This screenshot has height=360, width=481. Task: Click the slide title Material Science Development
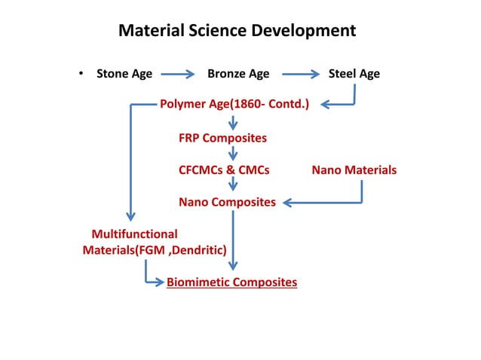(237, 31)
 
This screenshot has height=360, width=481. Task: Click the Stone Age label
(124, 74)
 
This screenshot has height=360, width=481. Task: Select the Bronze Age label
(238, 74)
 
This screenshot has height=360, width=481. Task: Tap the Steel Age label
(354, 74)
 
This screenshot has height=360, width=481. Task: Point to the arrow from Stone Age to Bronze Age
(179, 74)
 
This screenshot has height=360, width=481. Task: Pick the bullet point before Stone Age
(79, 74)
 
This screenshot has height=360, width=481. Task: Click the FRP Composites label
(222, 138)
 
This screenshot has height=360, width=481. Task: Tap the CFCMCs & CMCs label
(224, 170)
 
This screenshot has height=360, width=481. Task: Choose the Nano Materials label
(354, 170)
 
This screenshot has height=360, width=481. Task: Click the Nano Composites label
(227, 202)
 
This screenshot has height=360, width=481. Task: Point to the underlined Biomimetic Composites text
(231, 282)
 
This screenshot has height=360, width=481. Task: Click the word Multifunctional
(134, 234)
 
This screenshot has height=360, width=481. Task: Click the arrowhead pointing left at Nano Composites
(285, 202)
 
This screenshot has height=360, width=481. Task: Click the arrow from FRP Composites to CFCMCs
(233, 154)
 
